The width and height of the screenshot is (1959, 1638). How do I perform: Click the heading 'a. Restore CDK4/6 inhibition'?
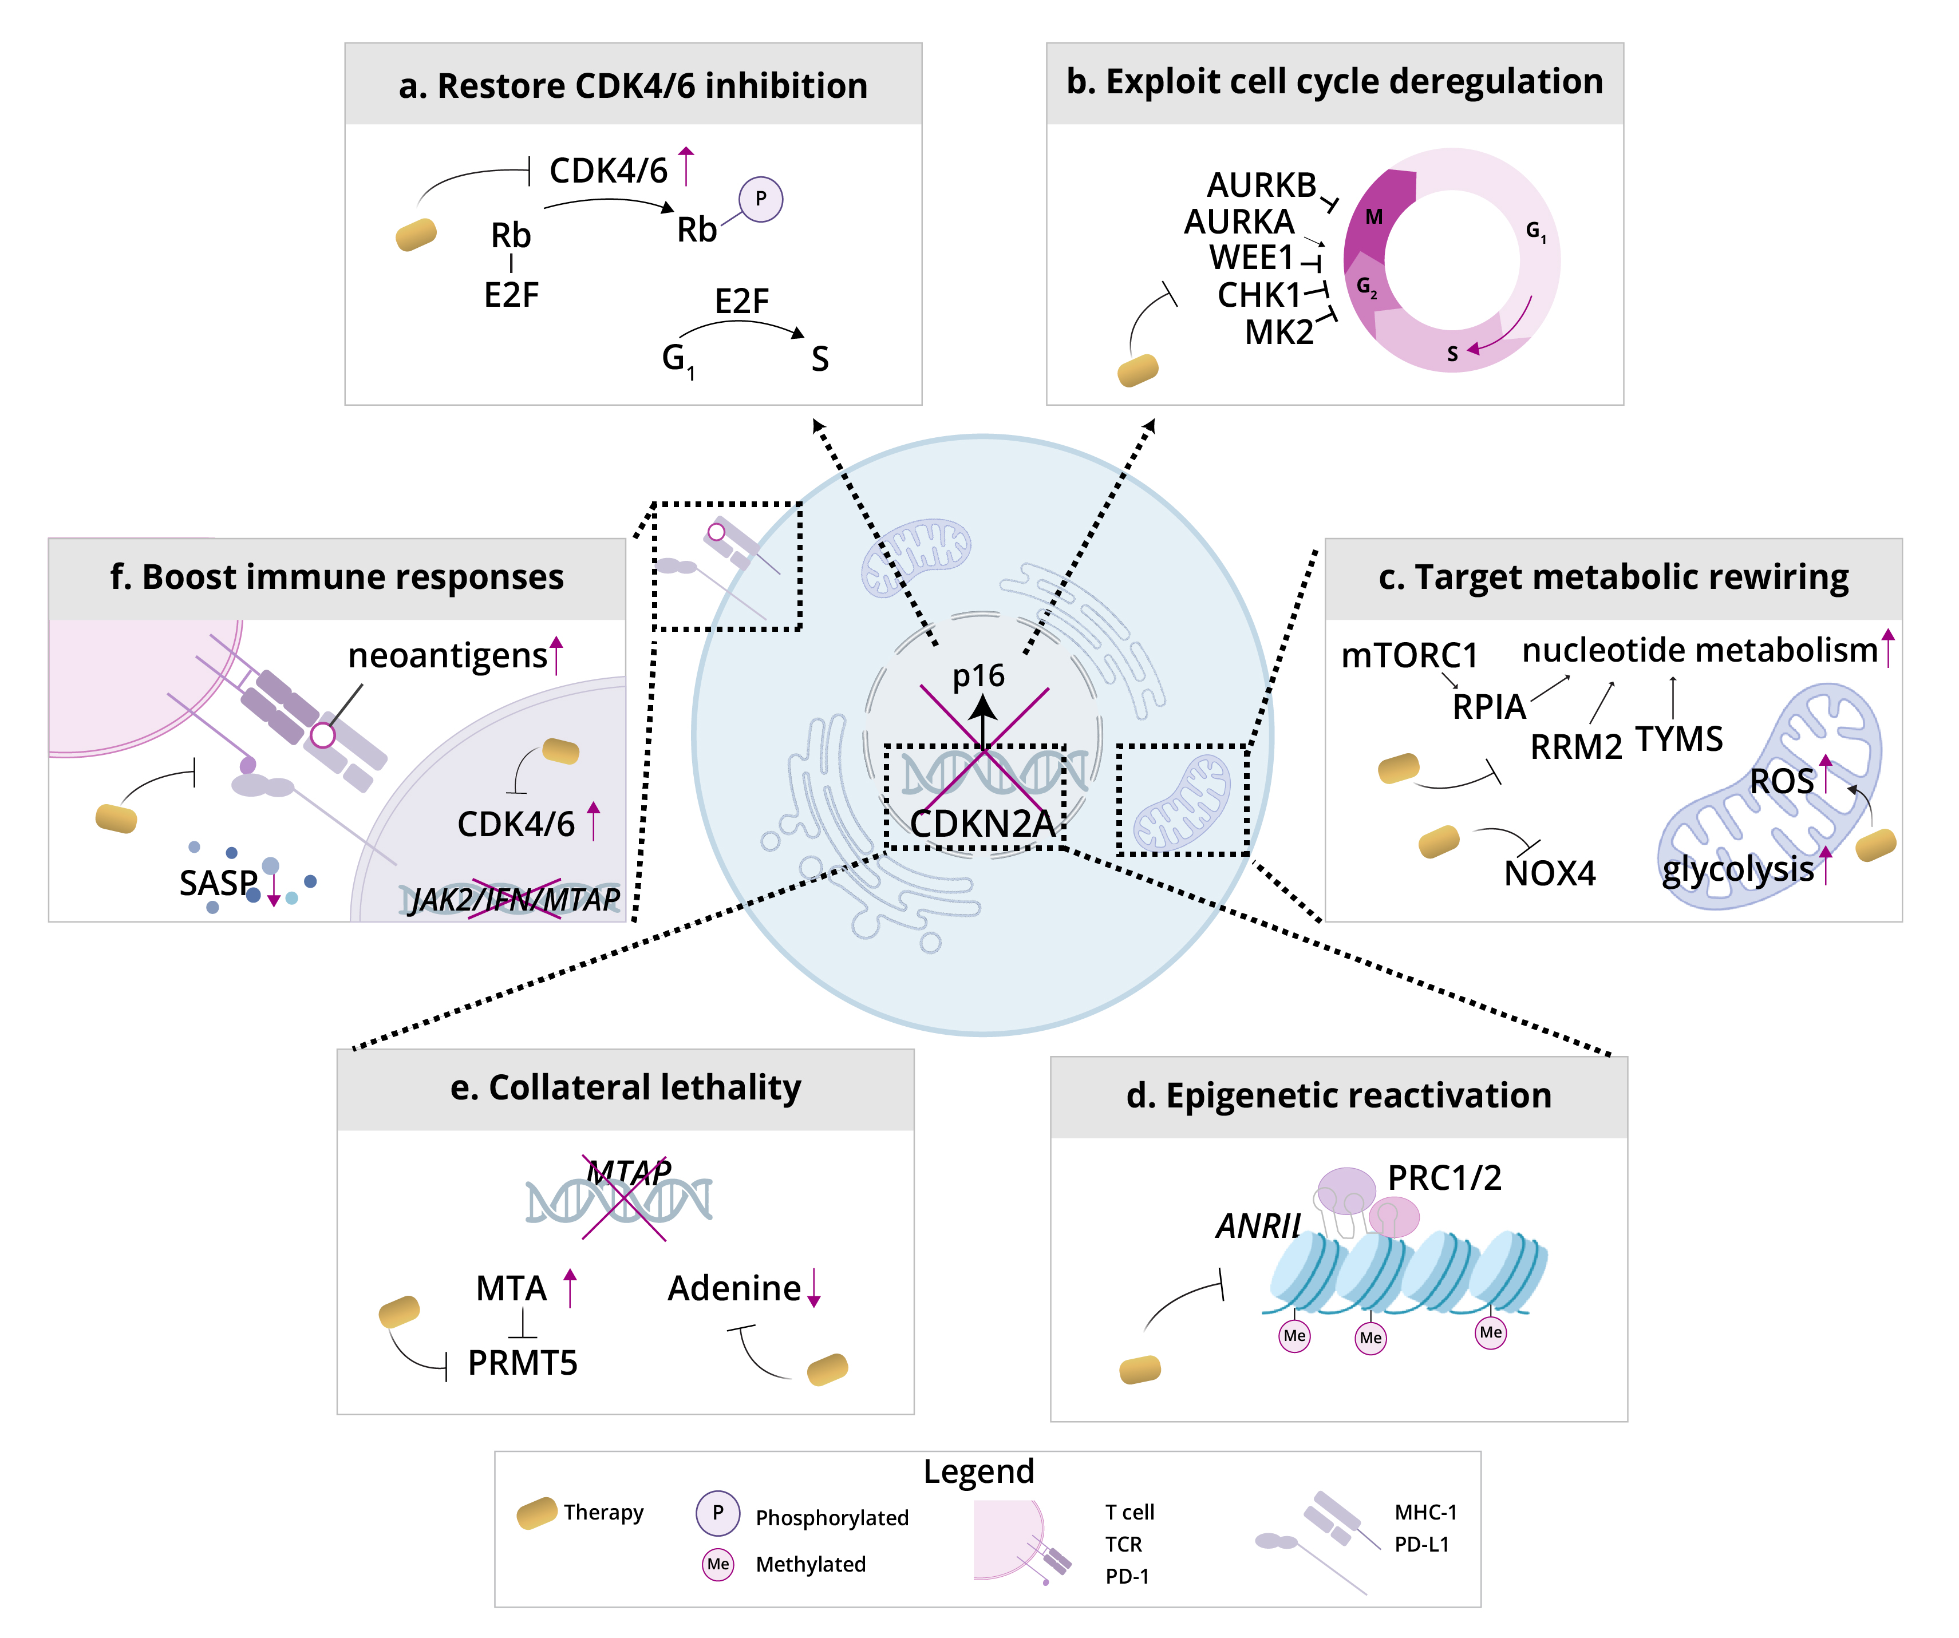pyautogui.click(x=633, y=86)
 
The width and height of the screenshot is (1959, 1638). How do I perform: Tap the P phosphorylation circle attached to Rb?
pyautogui.click(x=760, y=199)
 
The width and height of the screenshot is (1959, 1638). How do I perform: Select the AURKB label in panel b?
pyautogui.click(x=1261, y=185)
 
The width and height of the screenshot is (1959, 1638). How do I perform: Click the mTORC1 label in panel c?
pyautogui.click(x=1409, y=656)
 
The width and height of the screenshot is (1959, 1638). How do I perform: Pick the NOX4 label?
pyautogui.click(x=1550, y=873)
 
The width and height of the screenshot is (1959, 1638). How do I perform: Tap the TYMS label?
pyautogui.click(x=1678, y=739)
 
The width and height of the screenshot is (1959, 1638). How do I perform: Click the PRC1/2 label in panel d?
pyautogui.click(x=1444, y=1178)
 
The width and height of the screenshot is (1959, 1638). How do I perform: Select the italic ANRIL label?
pyautogui.click(x=1258, y=1226)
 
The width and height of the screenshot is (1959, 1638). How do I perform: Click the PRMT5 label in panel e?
pyautogui.click(x=523, y=1363)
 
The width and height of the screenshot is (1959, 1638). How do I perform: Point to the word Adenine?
pyautogui.click(x=734, y=1288)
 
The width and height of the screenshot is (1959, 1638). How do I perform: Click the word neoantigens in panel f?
pyautogui.click(x=447, y=656)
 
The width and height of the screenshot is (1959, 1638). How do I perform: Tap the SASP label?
pyautogui.click(x=218, y=883)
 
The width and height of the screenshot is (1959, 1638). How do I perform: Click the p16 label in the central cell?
pyautogui.click(x=978, y=675)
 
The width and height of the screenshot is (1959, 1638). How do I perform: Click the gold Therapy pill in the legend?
pyautogui.click(x=536, y=1513)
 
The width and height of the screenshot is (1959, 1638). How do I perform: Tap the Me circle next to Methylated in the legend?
pyautogui.click(x=717, y=1564)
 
